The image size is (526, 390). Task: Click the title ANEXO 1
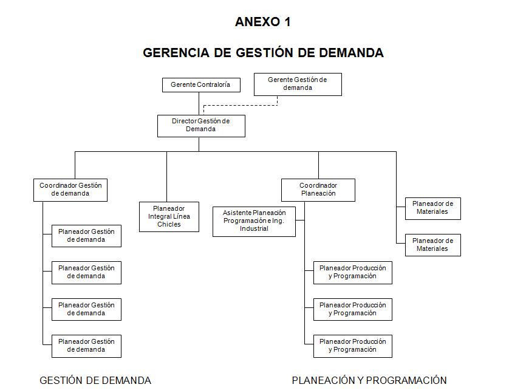[262, 22]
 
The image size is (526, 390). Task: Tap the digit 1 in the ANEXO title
[287, 22]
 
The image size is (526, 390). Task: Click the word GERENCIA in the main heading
[176, 53]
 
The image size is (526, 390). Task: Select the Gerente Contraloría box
[201, 85]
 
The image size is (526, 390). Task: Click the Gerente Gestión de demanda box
[298, 84]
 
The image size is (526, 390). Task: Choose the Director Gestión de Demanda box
[201, 126]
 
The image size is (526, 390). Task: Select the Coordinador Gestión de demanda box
[70, 190]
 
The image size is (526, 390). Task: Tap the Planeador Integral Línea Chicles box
[169, 216]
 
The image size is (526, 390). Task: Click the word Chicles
[169, 225]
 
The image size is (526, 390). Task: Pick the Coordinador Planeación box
[318, 190]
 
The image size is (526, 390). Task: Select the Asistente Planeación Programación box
[254, 221]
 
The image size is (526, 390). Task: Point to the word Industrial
[254, 229]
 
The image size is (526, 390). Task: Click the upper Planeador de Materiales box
[432, 208]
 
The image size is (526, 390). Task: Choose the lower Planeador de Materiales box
[432, 245]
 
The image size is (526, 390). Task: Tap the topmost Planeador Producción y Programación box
[352, 272]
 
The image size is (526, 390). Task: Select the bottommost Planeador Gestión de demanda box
[86, 346]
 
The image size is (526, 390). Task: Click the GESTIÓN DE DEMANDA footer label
[95, 381]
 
